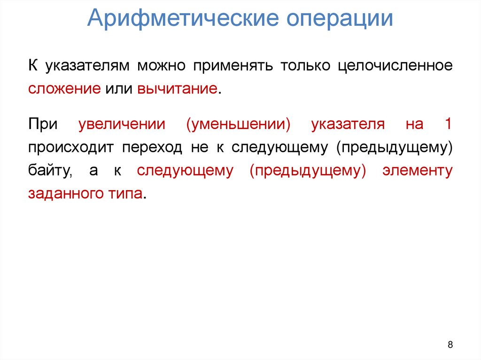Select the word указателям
[87, 66]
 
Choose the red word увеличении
[122, 124]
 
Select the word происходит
[70, 148]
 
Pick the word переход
[153, 148]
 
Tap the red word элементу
[418, 171]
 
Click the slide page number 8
[450, 345]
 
